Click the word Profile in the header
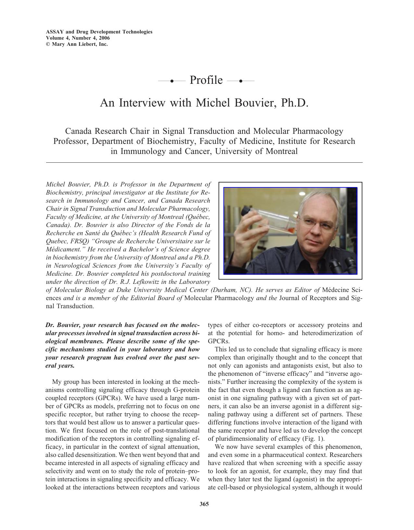(x=206, y=80)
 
